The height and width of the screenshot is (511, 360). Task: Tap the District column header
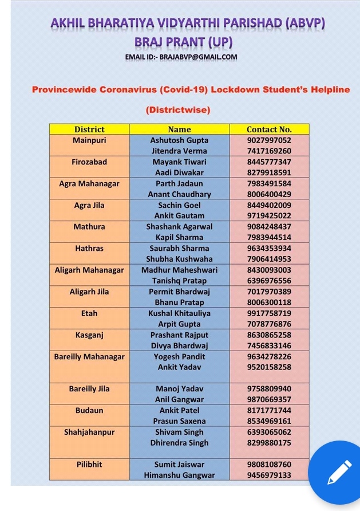(89, 129)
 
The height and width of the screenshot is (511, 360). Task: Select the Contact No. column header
(269, 129)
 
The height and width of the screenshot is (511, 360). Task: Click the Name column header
(179, 129)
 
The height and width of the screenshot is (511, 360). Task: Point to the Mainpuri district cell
(89, 140)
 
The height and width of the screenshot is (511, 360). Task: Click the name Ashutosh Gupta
(179, 140)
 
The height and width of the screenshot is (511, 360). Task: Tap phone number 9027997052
(269, 140)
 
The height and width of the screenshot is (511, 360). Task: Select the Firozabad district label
(89, 162)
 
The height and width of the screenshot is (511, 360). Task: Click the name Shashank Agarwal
(179, 227)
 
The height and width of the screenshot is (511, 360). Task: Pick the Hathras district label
(89, 249)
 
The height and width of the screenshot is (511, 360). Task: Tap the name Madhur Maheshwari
(179, 270)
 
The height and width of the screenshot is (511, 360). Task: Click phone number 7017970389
(269, 292)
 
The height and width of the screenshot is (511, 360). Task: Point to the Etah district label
(89, 313)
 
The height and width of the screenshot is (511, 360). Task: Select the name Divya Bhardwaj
(179, 346)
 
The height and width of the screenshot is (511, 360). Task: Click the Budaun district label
(89, 411)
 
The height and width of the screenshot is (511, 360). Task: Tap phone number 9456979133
(269, 475)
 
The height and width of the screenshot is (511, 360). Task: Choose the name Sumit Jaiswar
(179, 465)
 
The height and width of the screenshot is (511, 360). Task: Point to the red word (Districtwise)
(178, 109)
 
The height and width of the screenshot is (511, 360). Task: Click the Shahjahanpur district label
(89, 433)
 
